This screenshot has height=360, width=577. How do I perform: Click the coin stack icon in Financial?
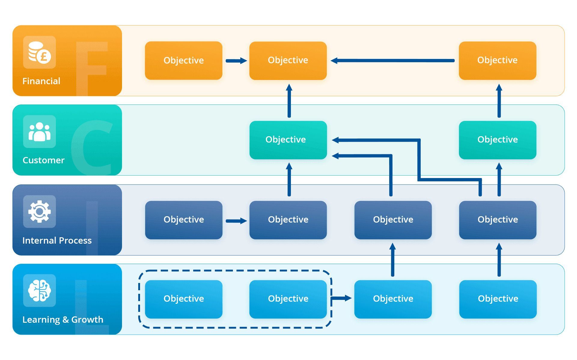click(x=39, y=52)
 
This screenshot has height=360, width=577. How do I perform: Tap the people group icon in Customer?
click(x=39, y=132)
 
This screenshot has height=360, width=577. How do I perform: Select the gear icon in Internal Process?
click(x=39, y=211)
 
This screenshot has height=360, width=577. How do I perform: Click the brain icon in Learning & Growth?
click(x=39, y=291)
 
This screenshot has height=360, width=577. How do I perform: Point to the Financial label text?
click(x=41, y=81)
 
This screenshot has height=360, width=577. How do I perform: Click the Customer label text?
click(x=44, y=160)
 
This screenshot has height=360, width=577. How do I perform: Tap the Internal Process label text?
click(x=57, y=240)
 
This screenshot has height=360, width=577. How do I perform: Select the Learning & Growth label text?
click(x=63, y=319)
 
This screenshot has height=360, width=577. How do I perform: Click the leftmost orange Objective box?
click(x=184, y=60)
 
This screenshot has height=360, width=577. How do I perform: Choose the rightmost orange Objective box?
click(x=497, y=60)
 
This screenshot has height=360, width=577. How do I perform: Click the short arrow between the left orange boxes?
click(x=236, y=61)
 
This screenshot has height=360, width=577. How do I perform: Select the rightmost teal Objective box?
click(x=497, y=140)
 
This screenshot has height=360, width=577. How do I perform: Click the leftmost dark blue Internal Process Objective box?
click(x=184, y=220)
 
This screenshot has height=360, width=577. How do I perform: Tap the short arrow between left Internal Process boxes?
click(x=236, y=221)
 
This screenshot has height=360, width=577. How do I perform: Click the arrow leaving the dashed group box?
click(x=342, y=298)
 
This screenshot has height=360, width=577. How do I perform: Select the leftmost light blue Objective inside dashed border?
click(x=184, y=299)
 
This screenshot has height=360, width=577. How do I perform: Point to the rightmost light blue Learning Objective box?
click(x=498, y=299)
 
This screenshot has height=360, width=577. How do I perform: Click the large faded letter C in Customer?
click(x=92, y=147)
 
